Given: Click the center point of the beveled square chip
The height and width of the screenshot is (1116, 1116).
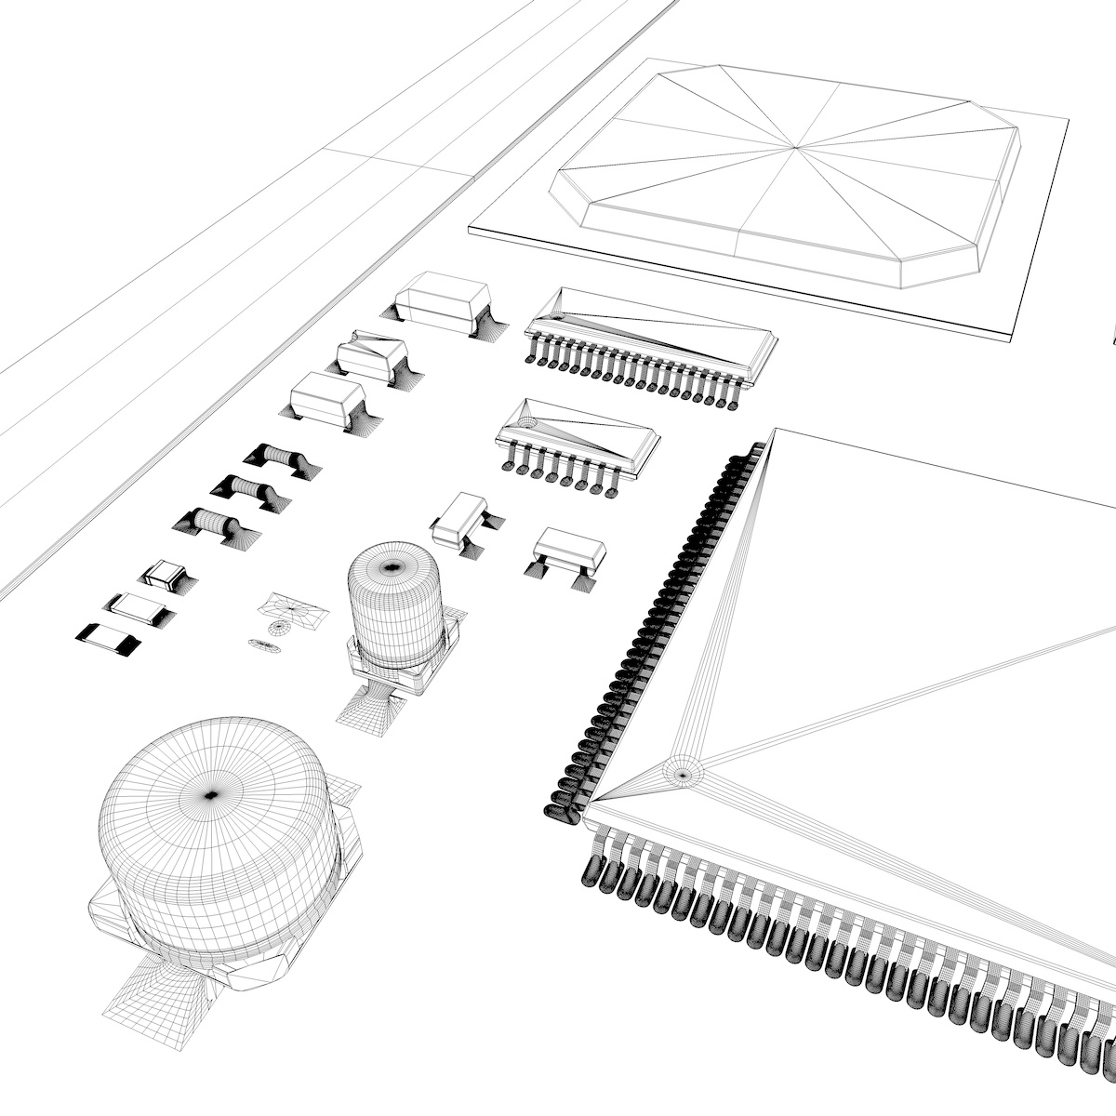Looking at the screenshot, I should (x=795, y=147).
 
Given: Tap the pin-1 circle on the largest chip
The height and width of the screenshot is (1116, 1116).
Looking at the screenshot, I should (x=683, y=772).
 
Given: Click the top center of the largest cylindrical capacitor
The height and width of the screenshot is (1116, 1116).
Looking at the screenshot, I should (x=211, y=794).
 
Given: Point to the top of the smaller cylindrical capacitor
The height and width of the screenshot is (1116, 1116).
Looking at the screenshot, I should (x=392, y=565).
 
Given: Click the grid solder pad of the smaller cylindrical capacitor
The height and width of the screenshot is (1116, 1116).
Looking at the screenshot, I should (x=370, y=712).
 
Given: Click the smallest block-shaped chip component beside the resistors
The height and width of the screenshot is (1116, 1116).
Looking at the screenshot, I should (x=166, y=575).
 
